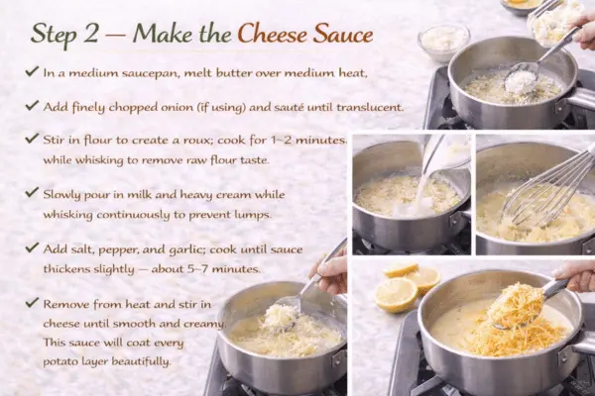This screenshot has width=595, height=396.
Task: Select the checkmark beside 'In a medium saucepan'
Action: click(33, 72)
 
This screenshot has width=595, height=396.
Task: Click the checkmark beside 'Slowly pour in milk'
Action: click(33, 193)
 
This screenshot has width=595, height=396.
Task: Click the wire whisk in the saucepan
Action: click(540, 183)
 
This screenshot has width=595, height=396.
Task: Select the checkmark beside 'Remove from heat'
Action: click(33, 302)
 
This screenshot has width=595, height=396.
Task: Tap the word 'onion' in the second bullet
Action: click(176, 106)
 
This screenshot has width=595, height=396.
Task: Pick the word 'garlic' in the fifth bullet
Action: click(176, 247)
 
